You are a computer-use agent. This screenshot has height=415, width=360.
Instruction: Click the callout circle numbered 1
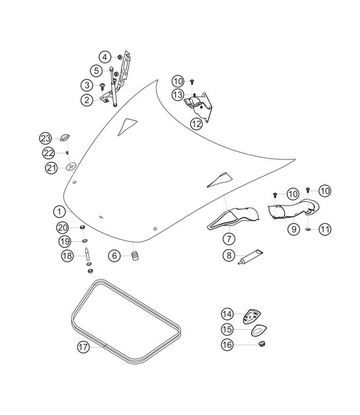click(60, 211)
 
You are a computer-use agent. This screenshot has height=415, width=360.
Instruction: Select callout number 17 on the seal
click(83, 346)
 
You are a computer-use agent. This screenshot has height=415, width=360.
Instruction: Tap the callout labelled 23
click(45, 138)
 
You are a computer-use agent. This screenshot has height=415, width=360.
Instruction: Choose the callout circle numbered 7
click(228, 238)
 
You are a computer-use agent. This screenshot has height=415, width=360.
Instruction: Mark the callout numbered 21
click(52, 168)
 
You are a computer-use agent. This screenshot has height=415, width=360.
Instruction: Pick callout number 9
click(293, 229)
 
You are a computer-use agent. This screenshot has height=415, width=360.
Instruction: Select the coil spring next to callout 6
click(135, 256)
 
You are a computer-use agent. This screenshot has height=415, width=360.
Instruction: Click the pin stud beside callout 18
click(87, 254)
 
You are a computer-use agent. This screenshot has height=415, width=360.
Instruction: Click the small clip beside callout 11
click(308, 229)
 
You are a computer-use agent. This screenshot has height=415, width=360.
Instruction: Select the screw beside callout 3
click(104, 86)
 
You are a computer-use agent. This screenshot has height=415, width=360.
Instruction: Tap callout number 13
click(178, 95)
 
